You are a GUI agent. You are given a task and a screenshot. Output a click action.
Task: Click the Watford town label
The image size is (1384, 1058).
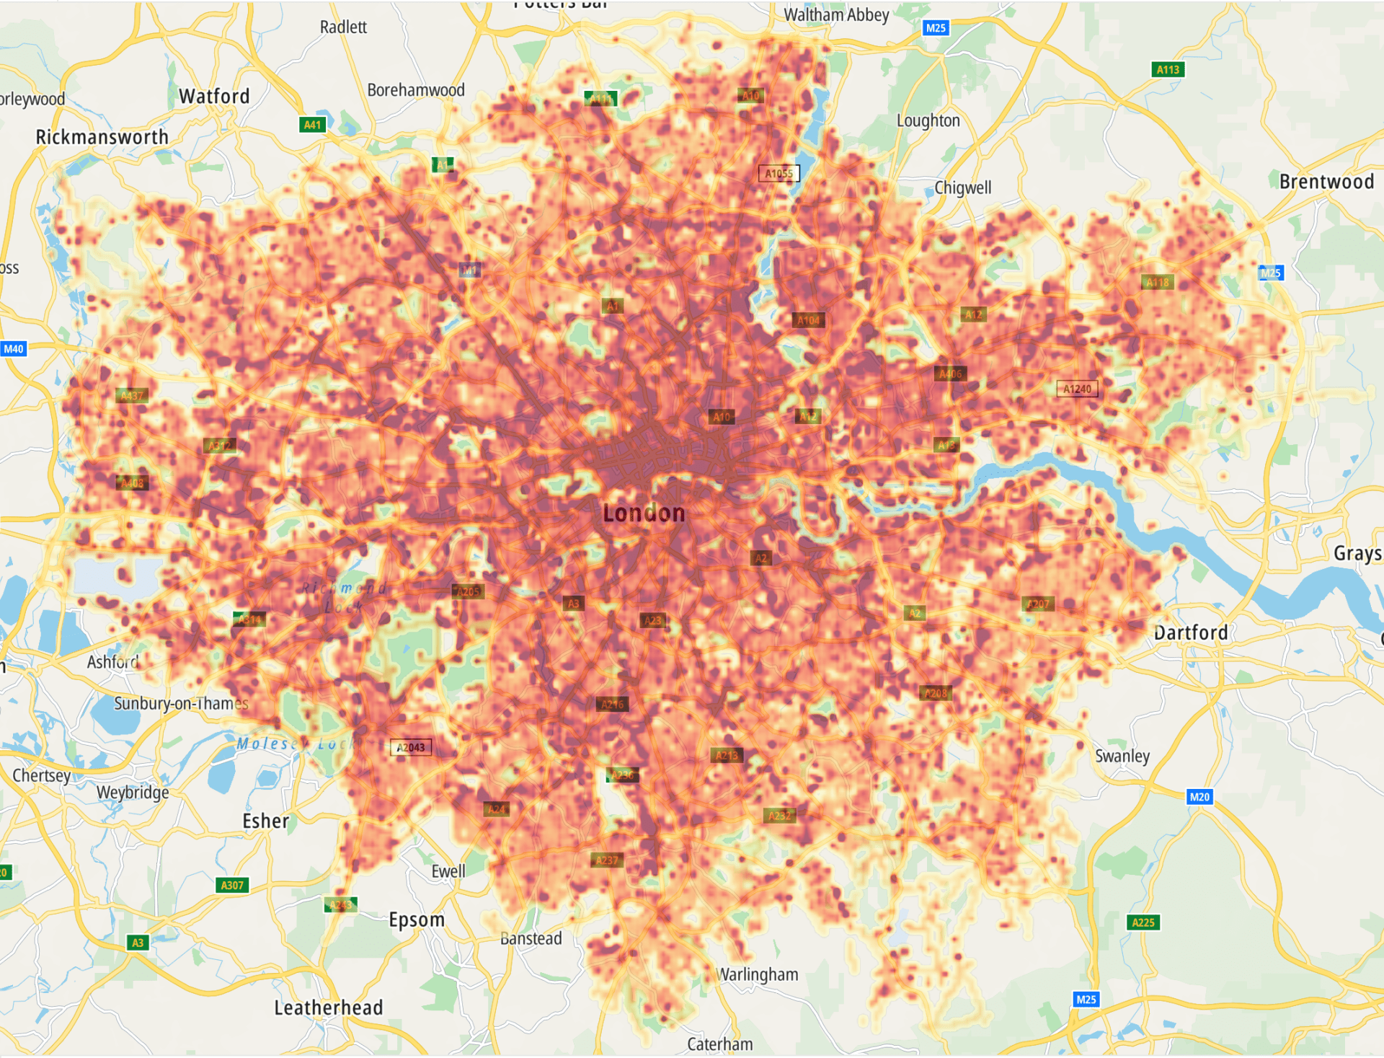click(x=214, y=96)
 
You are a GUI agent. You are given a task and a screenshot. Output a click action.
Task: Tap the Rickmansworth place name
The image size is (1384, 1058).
click(x=102, y=137)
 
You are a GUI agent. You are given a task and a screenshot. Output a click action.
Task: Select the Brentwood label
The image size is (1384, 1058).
click(x=1326, y=182)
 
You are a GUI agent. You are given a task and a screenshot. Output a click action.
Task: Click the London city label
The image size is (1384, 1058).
click(x=644, y=513)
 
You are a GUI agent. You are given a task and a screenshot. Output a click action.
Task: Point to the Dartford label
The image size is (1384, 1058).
click(x=1191, y=632)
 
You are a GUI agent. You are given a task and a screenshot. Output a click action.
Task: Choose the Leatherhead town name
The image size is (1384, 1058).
click(x=328, y=1008)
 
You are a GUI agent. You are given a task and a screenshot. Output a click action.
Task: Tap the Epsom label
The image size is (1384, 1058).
click(x=417, y=920)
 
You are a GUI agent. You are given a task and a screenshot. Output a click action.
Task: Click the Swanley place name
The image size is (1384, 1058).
click(x=1122, y=756)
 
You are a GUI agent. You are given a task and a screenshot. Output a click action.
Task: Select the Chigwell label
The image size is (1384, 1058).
click(x=962, y=188)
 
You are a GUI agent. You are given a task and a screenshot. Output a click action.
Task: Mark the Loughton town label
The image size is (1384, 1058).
click(x=928, y=120)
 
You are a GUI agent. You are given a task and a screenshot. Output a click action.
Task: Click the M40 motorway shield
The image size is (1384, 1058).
click(x=14, y=349)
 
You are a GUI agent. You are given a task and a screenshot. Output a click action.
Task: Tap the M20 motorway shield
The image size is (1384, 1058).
click(x=1199, y=797)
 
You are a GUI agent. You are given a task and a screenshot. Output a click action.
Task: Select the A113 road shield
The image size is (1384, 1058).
click(x=1168, y=69)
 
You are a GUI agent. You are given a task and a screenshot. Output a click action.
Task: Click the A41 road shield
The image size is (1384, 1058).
click(x=312, y=125)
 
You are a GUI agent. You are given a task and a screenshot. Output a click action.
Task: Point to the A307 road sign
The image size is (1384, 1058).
click(x=232, y=885)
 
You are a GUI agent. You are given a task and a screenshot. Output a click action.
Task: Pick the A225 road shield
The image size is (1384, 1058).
click(x=1143, y=922)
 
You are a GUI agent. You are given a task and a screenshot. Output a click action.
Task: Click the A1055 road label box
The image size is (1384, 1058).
click(x=778, y=173)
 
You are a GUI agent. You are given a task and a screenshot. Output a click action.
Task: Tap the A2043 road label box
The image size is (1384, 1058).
click(x=411, y=747)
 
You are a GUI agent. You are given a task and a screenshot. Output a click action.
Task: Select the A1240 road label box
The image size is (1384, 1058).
click(x=1077, y=389)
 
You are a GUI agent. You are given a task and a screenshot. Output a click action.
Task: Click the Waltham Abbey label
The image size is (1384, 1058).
click(x=836, y=14)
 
